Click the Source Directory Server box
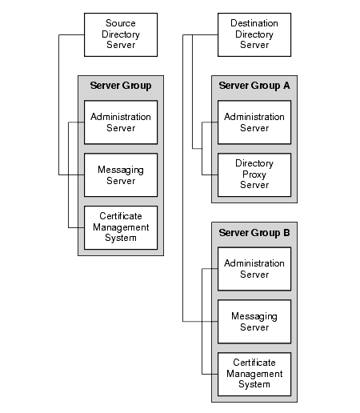tap(121, 34)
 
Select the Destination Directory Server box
tap(254, 34)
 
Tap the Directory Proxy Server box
tap(254, 174)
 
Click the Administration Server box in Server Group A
tap(254, 122)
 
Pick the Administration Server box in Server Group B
tap(254, 269)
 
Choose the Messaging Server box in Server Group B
tap(254, 322)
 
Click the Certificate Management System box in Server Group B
tap(254, 373)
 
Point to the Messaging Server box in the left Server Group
tap(121, 174)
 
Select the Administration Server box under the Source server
tap(121, 122)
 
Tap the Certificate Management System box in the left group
tap(121, 227)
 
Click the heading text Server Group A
tap(254, 86)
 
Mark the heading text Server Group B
tap(254, 232)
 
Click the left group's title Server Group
tap(121, 86)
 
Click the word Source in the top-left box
tap(121, 24)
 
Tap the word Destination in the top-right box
tap(254, 24)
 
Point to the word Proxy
tap(254, 174)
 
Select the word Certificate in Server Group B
tap(254, 363)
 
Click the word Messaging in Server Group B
tap(254, 316)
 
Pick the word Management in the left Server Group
tap(121, 227)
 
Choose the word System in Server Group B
tap(254, 384)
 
